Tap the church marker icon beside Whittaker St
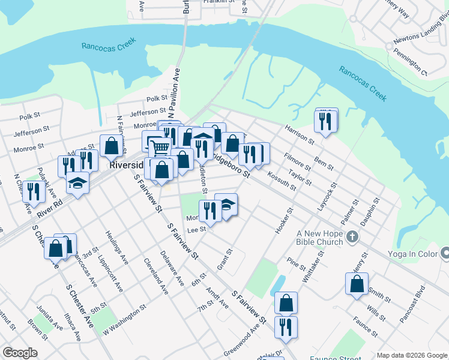click(352, 238)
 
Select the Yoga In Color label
click(412, 254)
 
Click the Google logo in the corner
click(20, 353)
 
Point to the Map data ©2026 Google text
click(411, 355)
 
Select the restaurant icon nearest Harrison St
click(325, 121)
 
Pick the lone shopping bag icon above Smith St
click(357, 284)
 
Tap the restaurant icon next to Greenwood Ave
click(286, 327)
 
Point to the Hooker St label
click(282, 220)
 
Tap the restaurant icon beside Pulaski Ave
click(34, 191)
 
